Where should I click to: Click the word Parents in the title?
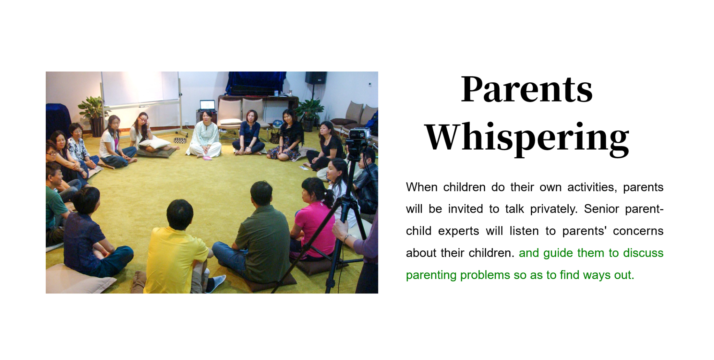coord(526,89)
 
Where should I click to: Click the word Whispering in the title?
coord(527,138)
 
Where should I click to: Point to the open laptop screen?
coord(207,105)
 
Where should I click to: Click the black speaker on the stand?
coord(316,78)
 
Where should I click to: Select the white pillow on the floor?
coord(154,143)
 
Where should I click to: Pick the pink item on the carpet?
coord(207,158)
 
